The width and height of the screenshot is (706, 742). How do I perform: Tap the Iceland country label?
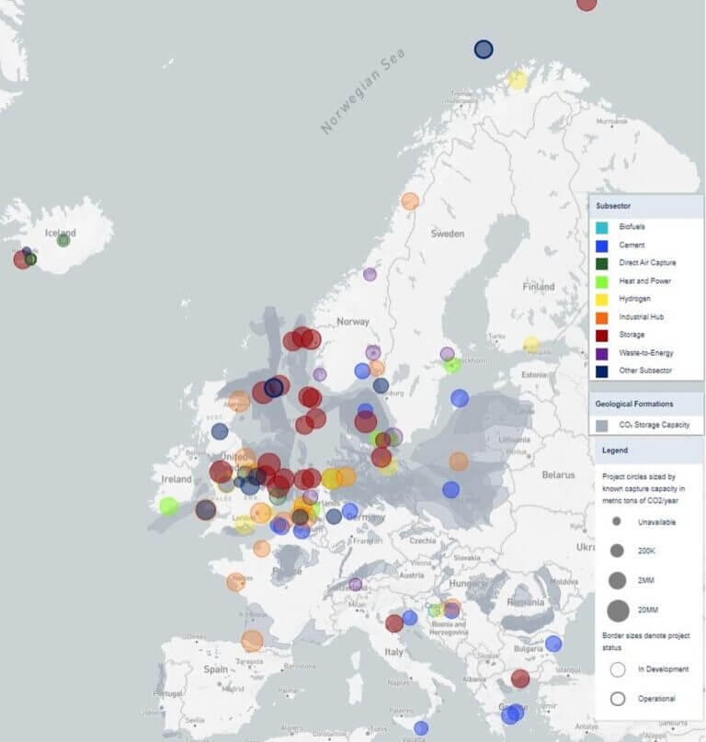[x=61, y=233]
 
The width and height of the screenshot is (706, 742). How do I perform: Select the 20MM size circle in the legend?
[x=618, y=610]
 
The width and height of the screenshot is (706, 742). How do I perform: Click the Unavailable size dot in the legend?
[x=617, y=521]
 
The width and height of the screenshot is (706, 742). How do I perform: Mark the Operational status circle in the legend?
[x=618, y=699]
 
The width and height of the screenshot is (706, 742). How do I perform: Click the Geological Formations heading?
[x=633, y=404]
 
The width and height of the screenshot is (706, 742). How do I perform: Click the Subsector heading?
[x=613, y=206]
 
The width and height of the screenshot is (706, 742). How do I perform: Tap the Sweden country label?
[x=448, y=234]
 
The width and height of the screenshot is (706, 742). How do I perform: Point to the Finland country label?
[x=539, y=287]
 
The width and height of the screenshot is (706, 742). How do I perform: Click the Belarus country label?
[x=557, y=474]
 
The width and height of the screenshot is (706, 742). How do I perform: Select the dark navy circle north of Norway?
[x=484, y=50]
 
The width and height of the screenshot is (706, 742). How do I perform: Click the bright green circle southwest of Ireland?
[x=168, y=506]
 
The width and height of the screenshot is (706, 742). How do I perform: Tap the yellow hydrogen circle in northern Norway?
[x=518, y=80]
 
